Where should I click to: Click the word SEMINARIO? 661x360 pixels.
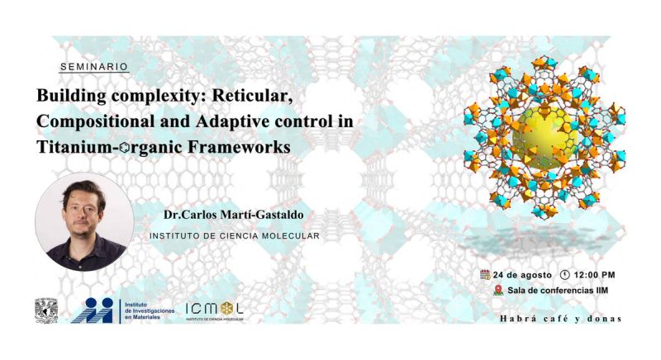[94, 67]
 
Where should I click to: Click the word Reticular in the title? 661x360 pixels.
[252, 96]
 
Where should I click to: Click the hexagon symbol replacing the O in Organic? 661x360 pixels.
[125, 147]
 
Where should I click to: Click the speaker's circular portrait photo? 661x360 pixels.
[84, 222]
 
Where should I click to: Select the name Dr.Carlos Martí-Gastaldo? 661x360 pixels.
[234, 215]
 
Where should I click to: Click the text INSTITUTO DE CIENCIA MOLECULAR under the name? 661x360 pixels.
[235, 236]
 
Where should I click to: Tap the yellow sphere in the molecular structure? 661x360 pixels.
[545, 138]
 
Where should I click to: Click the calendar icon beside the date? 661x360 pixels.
[485, 274]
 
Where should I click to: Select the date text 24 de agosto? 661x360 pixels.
[522, 275]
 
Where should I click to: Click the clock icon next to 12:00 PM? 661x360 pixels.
[565, 274]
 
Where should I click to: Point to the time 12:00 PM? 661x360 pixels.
[594, 275]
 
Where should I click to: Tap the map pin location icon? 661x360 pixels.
[498, 290]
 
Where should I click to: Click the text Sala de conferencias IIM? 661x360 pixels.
[558, 290]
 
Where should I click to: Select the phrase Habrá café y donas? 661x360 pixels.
[561, 319]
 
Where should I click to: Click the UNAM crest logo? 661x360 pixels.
[46, 310]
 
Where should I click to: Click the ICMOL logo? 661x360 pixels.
[215, 311]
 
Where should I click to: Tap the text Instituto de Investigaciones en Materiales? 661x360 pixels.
[150, 310]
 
